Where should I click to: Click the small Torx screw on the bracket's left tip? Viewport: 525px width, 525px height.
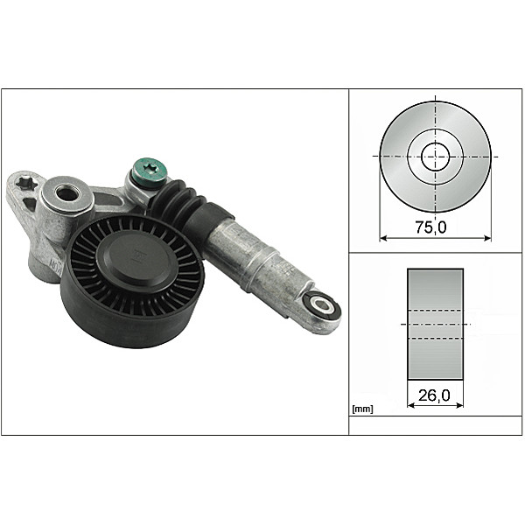(x=24, y=184)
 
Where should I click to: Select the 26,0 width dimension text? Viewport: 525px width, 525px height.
(x=435, y=395)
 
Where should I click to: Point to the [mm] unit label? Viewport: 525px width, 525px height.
(x=362, y=409)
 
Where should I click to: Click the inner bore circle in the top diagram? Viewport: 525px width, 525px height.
(x=435, y=157)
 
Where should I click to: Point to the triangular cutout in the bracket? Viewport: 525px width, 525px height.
(x=30, y=205)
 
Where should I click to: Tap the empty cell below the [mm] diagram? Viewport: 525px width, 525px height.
(x=436, y=425)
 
